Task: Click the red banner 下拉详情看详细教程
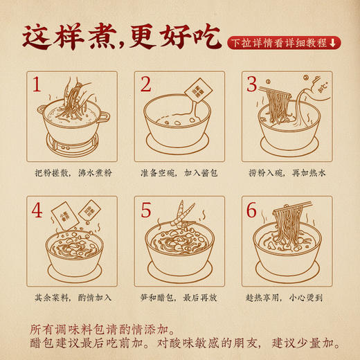tap(285, 43)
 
